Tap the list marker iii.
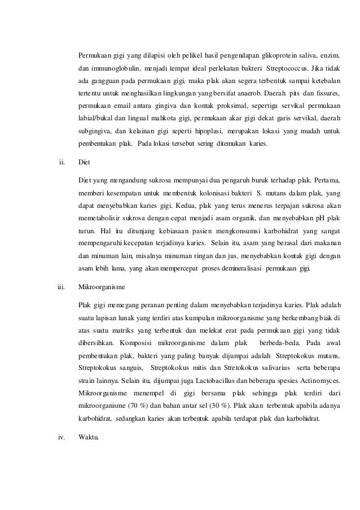point(62,287)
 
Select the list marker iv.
point(62,434)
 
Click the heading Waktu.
point(88,434)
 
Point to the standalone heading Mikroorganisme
point(103,287)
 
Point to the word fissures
point(323,94)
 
